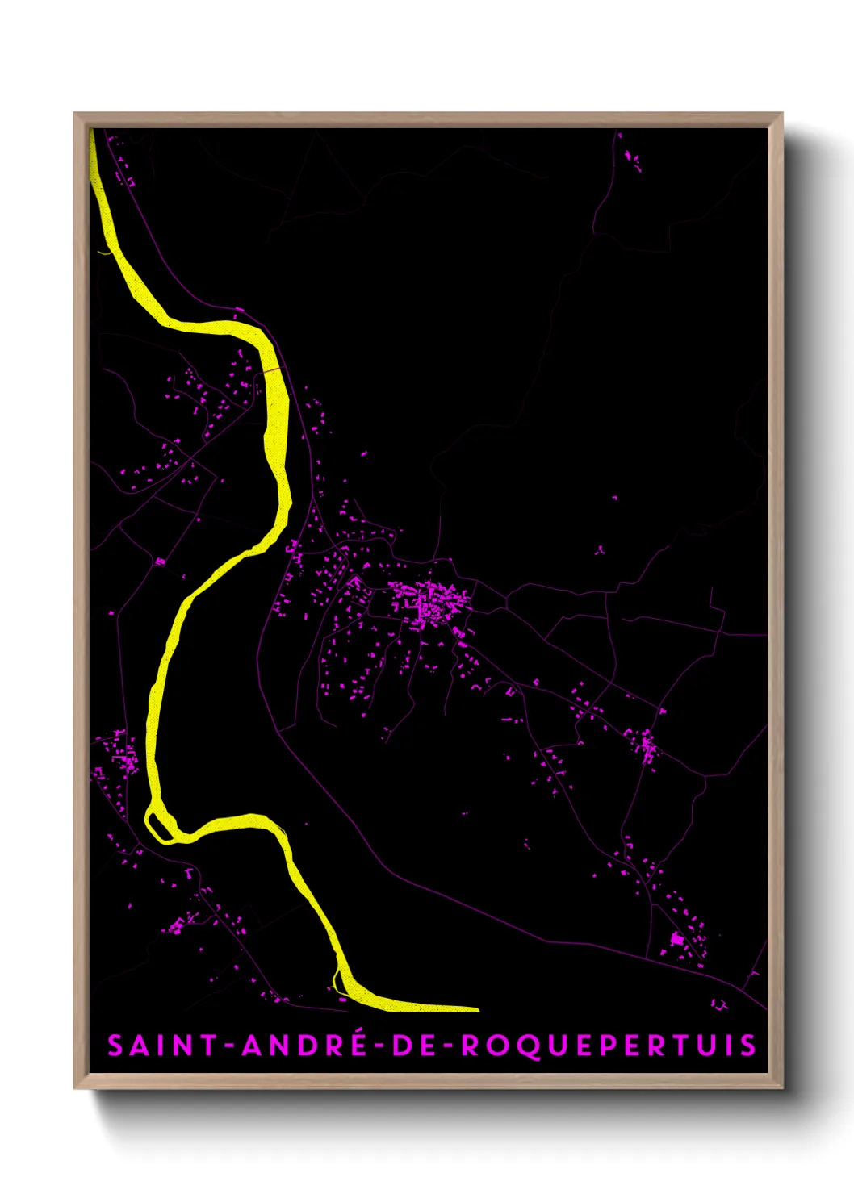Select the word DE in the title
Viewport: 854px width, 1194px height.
pos(416,1046)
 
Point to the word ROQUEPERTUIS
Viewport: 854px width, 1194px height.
pos(609,1046)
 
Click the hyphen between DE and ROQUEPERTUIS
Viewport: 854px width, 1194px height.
pos(449,1046)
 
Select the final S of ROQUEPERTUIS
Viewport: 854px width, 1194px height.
pos(748,1046)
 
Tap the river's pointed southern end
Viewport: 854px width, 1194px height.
pos(476,1008)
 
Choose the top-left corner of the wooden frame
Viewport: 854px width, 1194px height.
pos(76,115)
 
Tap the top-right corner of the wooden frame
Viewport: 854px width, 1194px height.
pos(781,115)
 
